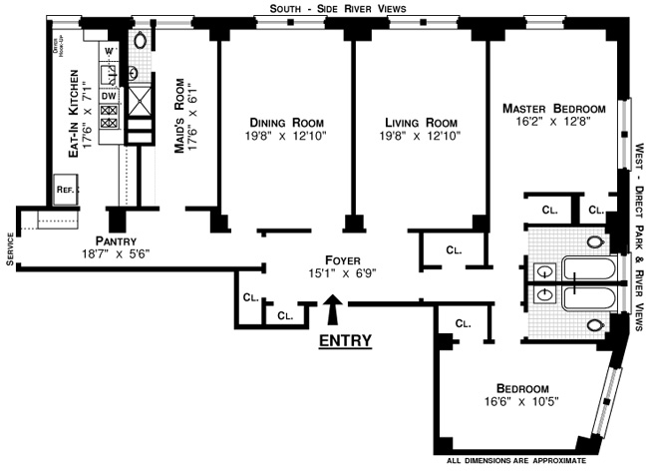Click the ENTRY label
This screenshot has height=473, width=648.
coord(345,340)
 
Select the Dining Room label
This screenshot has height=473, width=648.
coord(286,123)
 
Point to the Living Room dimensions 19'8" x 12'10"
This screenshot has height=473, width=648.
coord(421,136)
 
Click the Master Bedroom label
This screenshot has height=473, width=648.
coord(553,109)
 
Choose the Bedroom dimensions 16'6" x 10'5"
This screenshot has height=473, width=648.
coord(521,401)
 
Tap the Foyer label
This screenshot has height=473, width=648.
coord(343,259)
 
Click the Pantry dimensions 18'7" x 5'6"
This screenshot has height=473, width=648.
coord(116,253)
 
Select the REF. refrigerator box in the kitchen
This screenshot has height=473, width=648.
coord(66,190)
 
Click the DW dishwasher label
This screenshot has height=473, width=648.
coord(109,97)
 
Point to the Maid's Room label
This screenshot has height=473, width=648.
coord(179,116)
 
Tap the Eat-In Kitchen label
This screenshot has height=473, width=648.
coord(73,114)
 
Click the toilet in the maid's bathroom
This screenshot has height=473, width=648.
coord(141,40)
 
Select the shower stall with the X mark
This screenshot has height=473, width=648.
coord(140,101)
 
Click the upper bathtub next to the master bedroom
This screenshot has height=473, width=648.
coord(589,269)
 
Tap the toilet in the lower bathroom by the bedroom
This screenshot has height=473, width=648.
coord(595,325)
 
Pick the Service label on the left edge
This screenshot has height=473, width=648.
coord(10,249)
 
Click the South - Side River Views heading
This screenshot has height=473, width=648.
coord(338,9)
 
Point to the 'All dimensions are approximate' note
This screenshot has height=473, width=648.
coord(516,461)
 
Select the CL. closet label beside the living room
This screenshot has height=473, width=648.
coord(454,249)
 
